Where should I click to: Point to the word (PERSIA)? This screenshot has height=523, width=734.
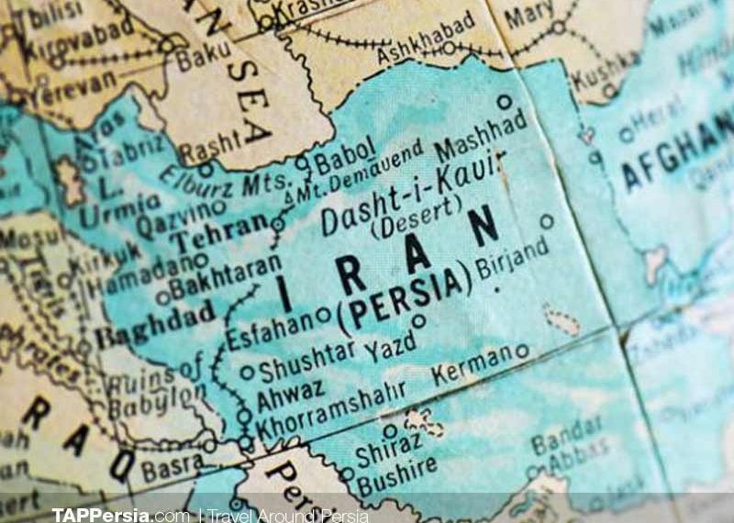[405, 295]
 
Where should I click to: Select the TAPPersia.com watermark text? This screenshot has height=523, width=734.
[118, 514]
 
